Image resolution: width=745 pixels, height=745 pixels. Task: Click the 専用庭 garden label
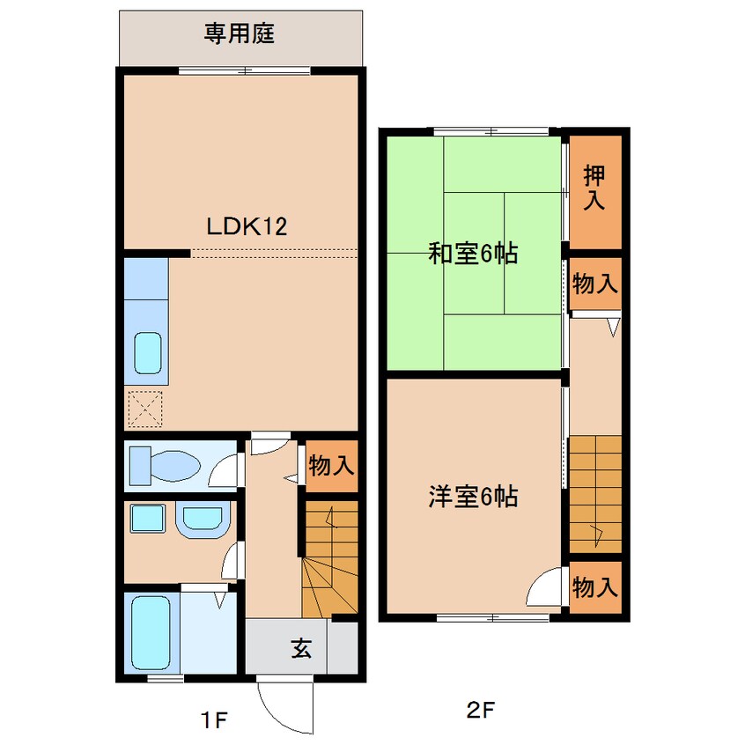[x=240, y=34]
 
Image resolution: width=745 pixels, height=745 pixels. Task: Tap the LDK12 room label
[x=247, y=226]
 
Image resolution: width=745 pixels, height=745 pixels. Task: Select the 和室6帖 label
[x=473, y=254]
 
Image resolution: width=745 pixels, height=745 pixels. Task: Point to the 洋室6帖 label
[x=473, y=497]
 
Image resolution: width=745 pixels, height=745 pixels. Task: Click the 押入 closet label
[x=594, y=187]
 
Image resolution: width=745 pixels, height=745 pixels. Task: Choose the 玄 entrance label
[x=302, y=647]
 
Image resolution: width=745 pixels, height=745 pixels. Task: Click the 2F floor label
[x=481, y=711]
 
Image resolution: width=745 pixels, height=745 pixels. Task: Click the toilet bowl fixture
[x=165, y=466]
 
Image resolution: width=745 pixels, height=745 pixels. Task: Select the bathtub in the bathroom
[x=151, y=632]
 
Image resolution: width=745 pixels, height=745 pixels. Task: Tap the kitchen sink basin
[x=148, y=353]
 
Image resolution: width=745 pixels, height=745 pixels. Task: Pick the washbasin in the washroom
[x=203, y=520]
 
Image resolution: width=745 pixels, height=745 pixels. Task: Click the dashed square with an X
[x=145, y=409]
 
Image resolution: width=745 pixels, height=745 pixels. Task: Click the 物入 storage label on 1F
[x=331, y=465]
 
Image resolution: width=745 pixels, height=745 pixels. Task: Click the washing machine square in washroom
[x=148, y=518]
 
